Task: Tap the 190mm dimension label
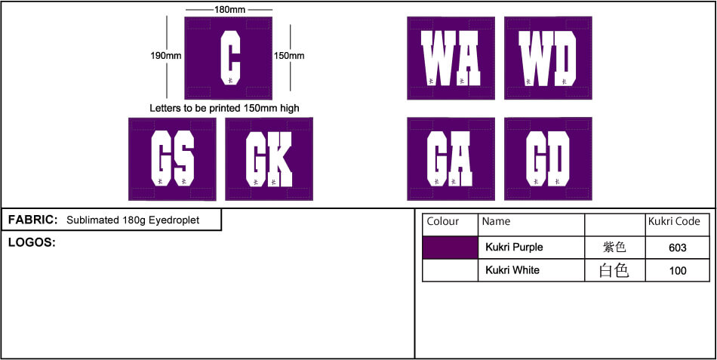(x=166, y=56)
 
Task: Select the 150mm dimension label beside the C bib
(x=289, y=56)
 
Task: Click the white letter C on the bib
(x=230, y=58)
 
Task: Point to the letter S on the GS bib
(x=184, y=158)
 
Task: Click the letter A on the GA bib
(x=460, y=158)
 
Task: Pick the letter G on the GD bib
(x=536, y=158)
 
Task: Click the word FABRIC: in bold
(x=33, y=220)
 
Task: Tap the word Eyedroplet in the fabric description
(x=177, y=220)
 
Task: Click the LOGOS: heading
(x=32, y=242)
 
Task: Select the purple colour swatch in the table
(x=450, y=248)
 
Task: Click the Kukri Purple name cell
(x=514, y=248)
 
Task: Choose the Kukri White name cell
(x=512, y=270)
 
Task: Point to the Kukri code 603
(x=677, y=248)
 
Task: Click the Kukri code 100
(x=677, y=271)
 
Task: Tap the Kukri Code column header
(x=674, y=221)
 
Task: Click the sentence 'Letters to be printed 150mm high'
(x=224, y=109)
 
